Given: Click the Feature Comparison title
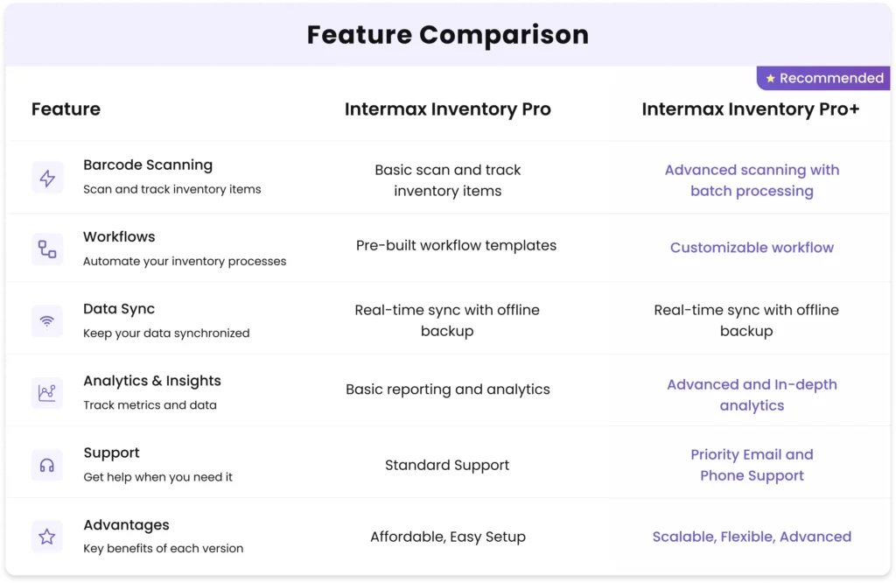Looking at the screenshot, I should coord(447,35).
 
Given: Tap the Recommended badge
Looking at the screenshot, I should coord(823,78).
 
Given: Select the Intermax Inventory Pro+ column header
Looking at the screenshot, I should coord(751,109).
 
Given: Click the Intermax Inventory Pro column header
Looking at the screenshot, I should coord(447,109).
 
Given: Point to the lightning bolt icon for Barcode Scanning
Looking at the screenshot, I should coord(47,178).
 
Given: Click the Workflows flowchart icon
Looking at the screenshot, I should coord(47,249).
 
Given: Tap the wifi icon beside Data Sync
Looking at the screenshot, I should coord(47,321).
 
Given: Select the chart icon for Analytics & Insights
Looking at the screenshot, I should coord(47,393).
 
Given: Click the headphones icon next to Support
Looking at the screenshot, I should coord(47,465).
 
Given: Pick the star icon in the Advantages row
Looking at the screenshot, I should coord(47,537).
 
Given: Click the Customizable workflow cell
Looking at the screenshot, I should coord(752,248).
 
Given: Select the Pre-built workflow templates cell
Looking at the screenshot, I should coord(456,245).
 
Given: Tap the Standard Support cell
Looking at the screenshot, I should coord(447,465).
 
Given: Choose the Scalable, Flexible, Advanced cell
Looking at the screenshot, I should coord(752,537).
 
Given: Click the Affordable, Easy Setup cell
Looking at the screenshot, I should coord(447,537).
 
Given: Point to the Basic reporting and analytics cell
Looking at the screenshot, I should coord(447,390).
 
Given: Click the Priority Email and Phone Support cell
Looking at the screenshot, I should coord(752,465).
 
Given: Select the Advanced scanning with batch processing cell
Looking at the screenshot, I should coord(752,180).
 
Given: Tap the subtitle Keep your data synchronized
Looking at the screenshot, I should coord(166,334).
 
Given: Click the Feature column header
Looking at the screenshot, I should coord(66,109).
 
